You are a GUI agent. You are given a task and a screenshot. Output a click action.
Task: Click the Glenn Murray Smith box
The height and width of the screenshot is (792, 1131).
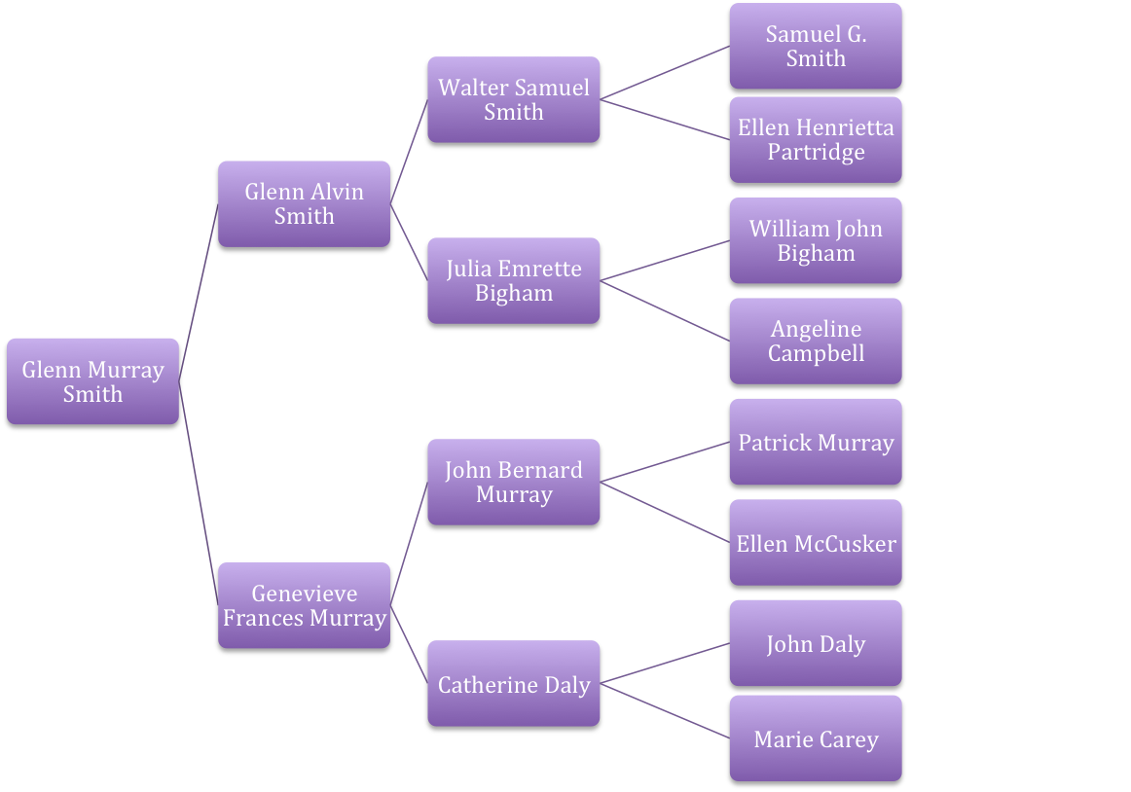[x=92, y=382]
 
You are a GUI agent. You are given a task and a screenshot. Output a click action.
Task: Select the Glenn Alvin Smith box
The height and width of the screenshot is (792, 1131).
[x=304, y=204]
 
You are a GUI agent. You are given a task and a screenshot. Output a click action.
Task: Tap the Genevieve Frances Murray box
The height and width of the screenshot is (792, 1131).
[x=304, y=606]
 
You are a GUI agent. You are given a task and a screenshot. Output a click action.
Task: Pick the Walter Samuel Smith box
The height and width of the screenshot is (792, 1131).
[x=513, y=100]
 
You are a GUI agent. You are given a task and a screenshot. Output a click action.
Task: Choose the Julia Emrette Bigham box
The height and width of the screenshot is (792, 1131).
[x=513, y=281]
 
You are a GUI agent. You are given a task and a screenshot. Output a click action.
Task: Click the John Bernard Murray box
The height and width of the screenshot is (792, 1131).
[x=513, y=483]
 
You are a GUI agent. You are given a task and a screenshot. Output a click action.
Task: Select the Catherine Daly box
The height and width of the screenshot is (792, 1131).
[x=513, y=685]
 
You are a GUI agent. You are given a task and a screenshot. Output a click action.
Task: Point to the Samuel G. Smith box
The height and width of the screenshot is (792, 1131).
[x=816, y=47]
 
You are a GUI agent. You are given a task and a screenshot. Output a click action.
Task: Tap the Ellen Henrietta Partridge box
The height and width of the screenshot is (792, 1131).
[x=816, y=140]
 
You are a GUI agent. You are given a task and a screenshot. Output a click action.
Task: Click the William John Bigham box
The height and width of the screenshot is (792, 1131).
[x=816, y=241]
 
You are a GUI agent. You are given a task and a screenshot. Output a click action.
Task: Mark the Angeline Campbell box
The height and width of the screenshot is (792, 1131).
[x=816, y=342]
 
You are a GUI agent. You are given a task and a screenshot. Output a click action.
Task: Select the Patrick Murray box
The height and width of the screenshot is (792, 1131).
[x=816, y=443]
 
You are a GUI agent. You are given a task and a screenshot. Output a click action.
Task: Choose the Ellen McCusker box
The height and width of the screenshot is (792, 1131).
[x=816, y=543]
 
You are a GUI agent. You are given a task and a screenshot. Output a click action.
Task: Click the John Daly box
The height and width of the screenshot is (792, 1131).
[x=816, y=644]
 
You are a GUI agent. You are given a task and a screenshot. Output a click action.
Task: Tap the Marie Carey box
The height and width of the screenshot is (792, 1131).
[x=816, y=739]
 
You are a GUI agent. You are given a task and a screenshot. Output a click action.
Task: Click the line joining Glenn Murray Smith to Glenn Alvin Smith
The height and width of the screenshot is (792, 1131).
[x=199, y=281]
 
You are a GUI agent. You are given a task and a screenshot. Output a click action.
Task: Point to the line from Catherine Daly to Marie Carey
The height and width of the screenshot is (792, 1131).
[x=665, y=709]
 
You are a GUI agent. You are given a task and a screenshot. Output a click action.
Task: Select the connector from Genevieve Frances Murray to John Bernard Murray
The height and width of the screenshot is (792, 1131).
[x=409, y=540]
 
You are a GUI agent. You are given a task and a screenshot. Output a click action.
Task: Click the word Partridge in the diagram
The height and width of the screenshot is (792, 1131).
[x=816, y=153]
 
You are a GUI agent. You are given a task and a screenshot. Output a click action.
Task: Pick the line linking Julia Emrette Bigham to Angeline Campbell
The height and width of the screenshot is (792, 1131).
[x=665, y=310]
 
